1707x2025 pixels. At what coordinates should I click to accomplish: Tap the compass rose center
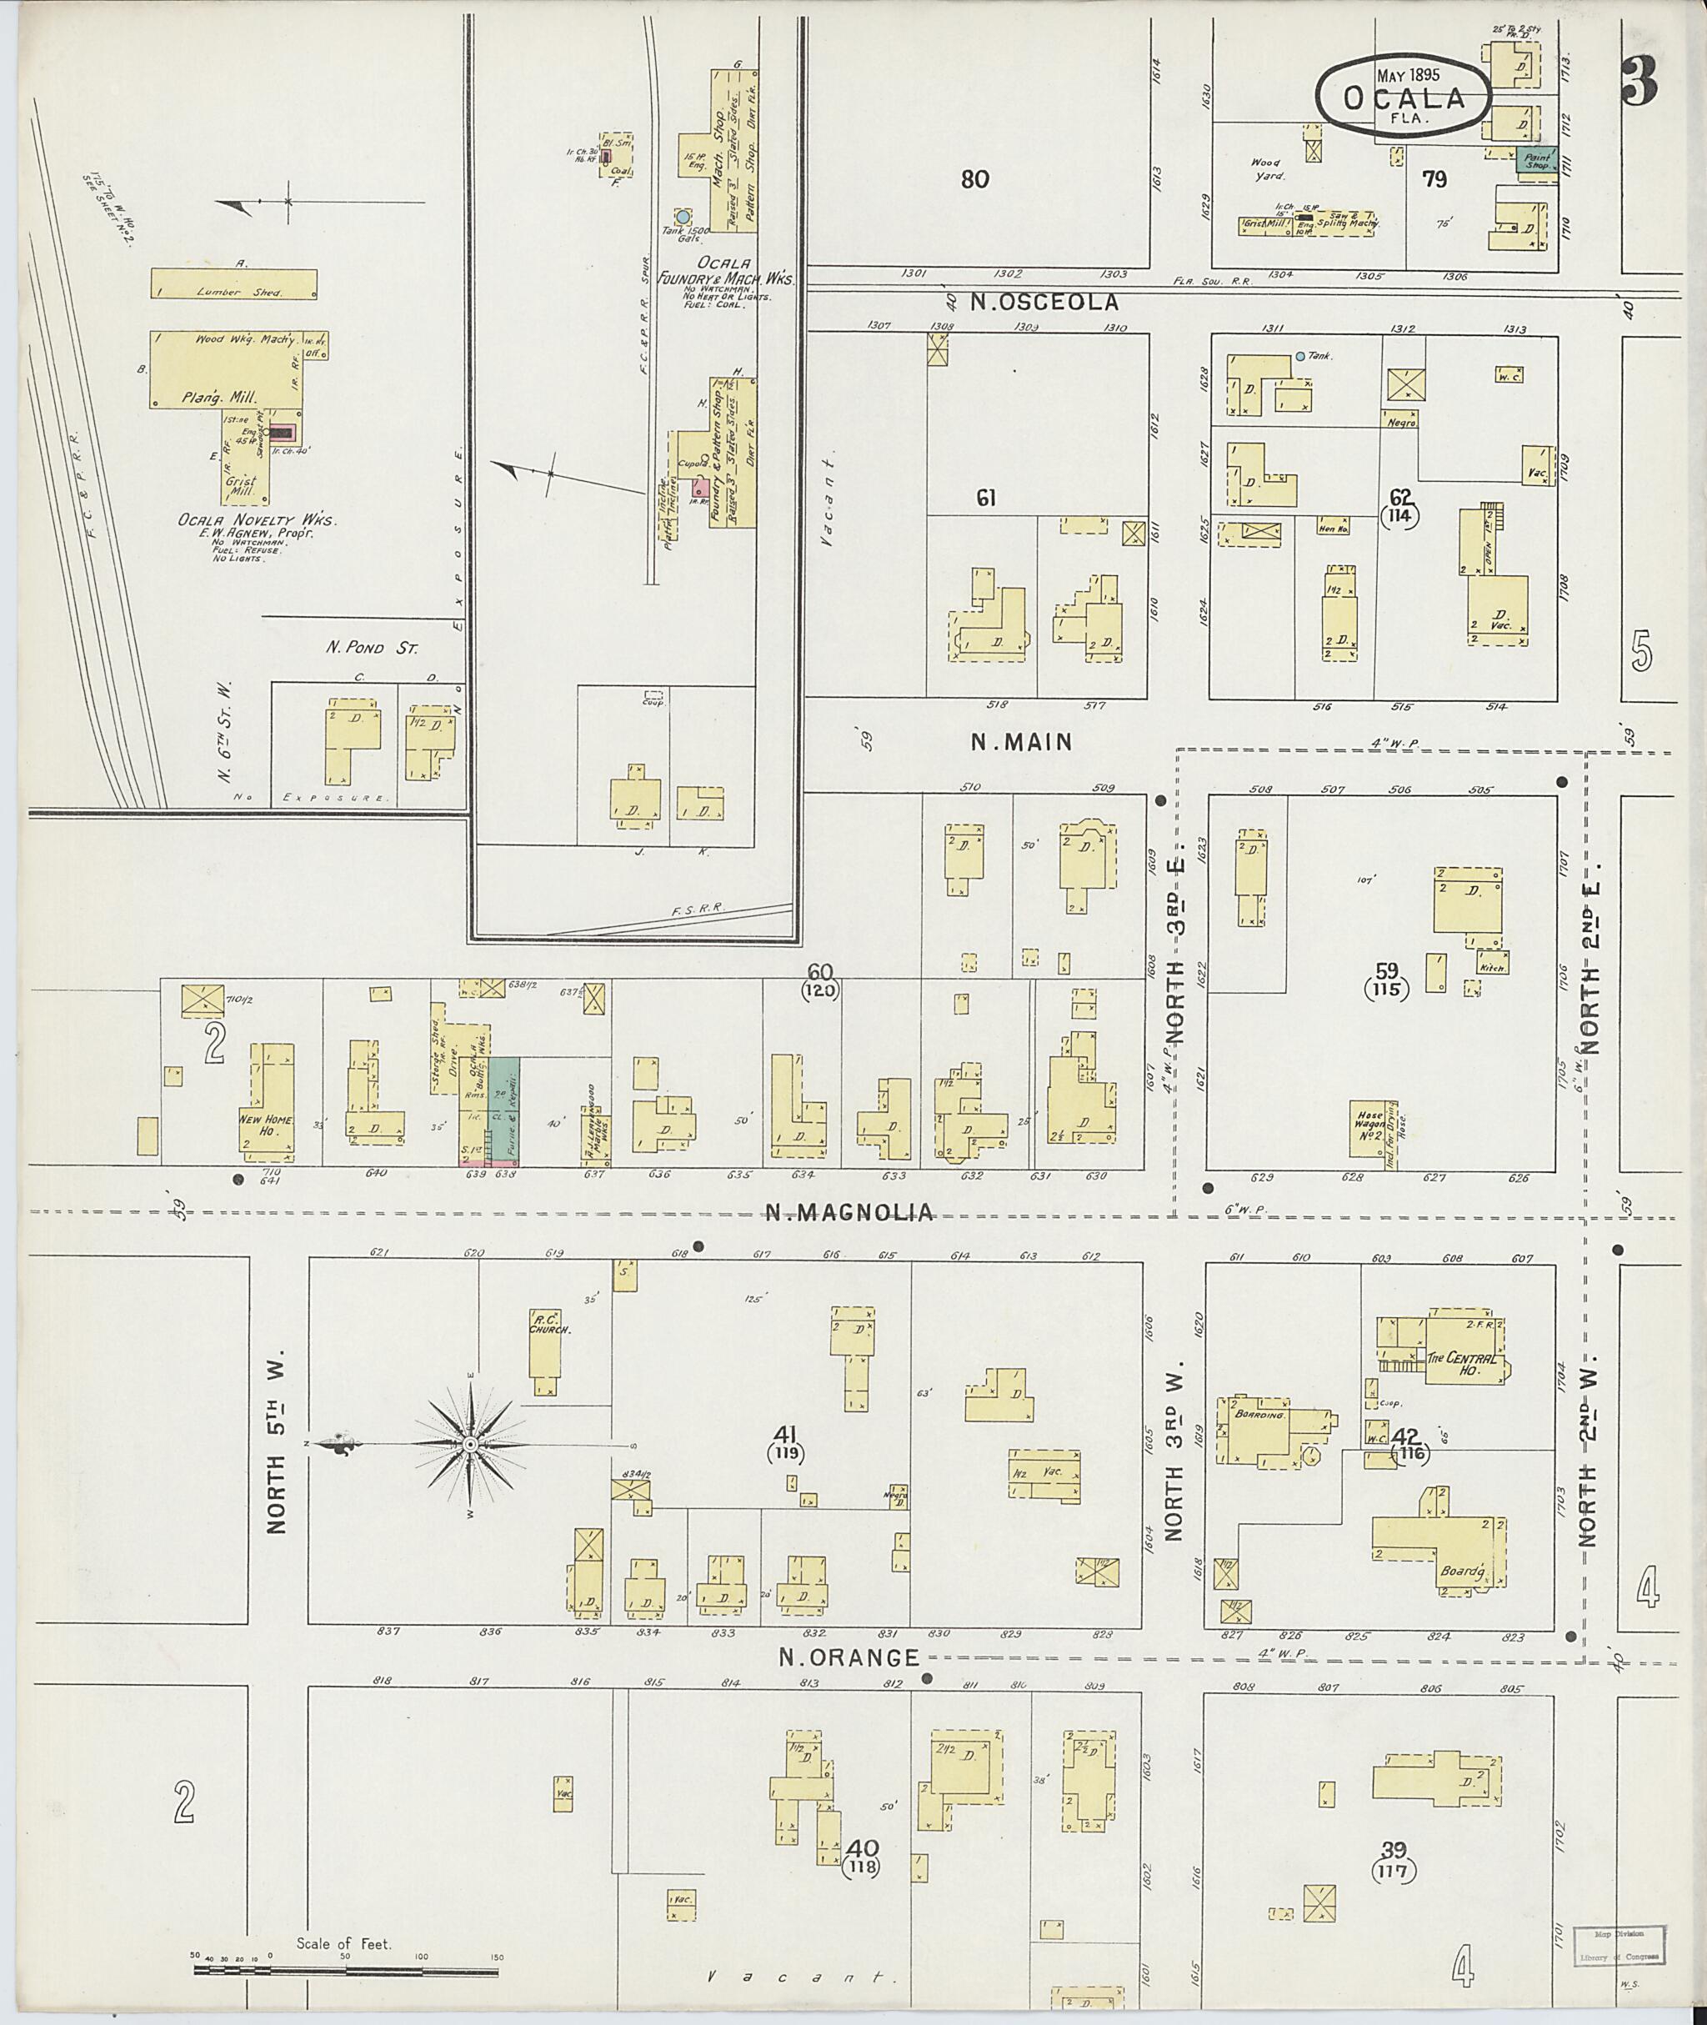click(469, 1446)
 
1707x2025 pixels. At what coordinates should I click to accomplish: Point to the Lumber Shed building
click(234, 283)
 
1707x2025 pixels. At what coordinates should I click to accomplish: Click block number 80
click(975, 179)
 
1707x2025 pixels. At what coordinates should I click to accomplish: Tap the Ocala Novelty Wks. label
click(257, 521)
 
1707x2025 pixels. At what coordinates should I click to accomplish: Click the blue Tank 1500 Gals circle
click(683, 217)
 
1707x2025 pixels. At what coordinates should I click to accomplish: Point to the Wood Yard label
click(1267, 169)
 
